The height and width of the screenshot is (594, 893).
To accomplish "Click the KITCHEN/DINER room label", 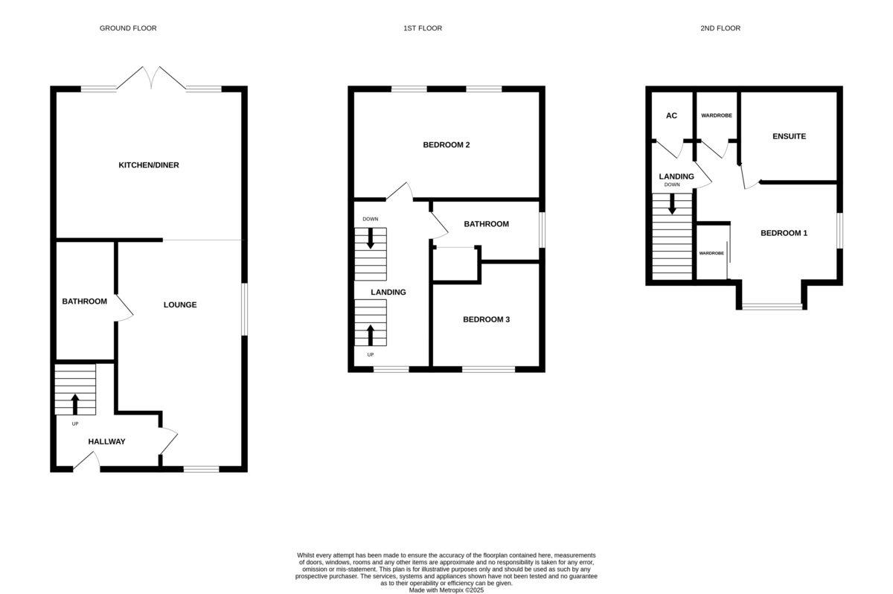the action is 149,165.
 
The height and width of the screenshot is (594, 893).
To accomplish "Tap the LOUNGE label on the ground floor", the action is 180,305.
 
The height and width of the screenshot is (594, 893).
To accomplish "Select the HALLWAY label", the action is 107,441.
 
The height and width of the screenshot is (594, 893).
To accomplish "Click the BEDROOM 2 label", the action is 446,144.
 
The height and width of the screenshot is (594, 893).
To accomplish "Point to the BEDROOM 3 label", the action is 487,319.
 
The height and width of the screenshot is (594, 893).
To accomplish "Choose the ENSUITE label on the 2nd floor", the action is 790,136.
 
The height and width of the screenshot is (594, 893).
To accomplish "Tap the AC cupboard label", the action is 672,115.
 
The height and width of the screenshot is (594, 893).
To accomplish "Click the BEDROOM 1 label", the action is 784,233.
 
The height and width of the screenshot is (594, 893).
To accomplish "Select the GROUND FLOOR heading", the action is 128,28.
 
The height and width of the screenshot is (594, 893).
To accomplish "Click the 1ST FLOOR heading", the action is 423,28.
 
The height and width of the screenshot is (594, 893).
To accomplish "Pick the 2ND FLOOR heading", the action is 720,28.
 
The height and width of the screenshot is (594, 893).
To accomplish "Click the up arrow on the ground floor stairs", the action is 75,404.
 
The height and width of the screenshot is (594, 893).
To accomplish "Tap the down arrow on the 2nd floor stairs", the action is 672,204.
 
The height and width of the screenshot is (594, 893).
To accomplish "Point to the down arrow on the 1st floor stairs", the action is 371,238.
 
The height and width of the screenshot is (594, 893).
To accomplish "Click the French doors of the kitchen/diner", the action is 151,77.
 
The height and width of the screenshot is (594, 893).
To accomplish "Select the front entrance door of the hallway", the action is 86,462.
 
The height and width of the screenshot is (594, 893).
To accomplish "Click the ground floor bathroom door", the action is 124,307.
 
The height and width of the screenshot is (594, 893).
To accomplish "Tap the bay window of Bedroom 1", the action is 772,307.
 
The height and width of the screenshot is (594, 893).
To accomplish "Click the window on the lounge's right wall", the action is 245,310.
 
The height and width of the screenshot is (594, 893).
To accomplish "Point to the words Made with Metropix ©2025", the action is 446,590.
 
